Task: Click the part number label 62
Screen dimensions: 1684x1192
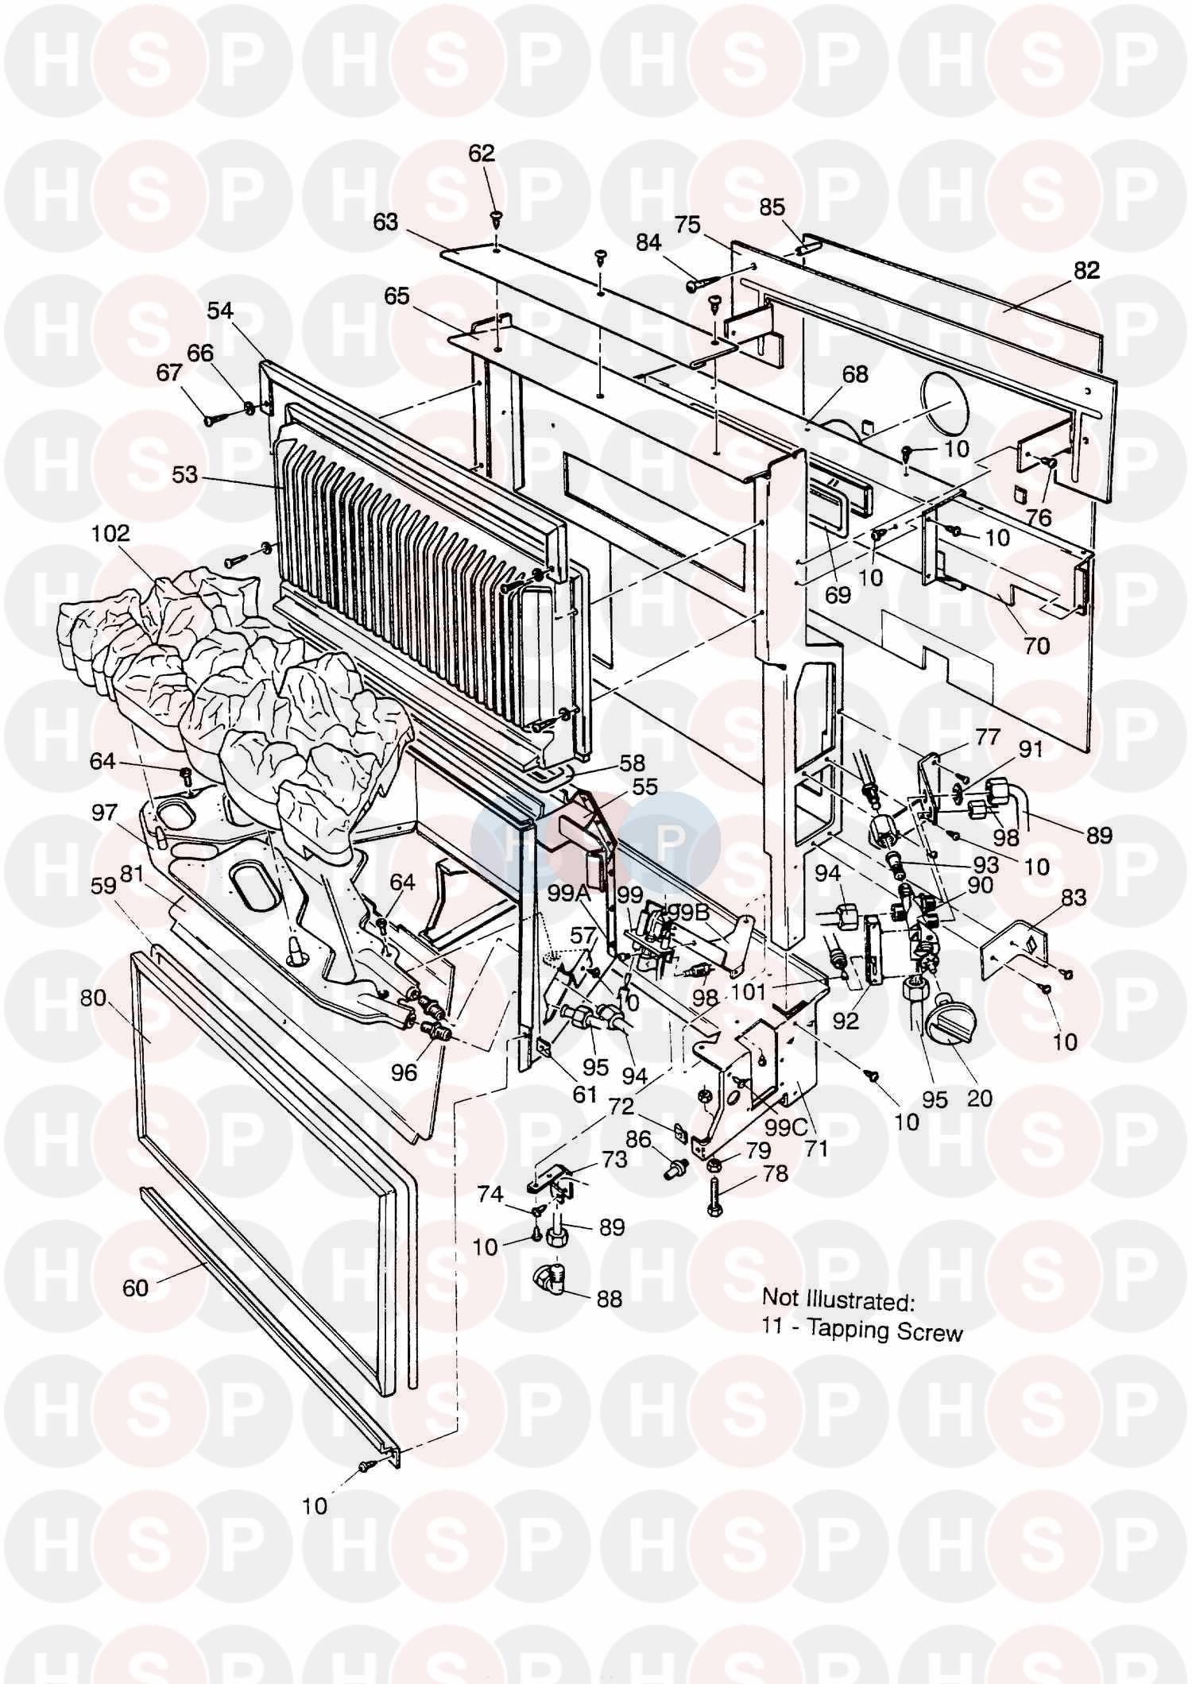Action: (x=482, y=154)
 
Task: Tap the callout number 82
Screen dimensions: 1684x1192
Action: (x=1086, y=271)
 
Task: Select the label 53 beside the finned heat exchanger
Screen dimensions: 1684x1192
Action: (x=185, y=475)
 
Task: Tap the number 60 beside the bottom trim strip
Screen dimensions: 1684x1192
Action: (x=135, y=1288)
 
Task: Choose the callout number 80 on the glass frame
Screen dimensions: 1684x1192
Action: (x=93, y=997)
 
